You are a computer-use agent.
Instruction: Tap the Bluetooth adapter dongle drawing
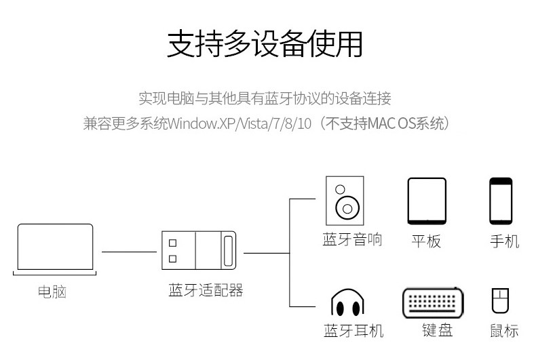coord(199,250)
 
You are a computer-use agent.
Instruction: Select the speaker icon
coord(345,201)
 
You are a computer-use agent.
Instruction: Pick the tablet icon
coord(427,201)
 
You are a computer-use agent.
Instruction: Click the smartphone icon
coord(501,201)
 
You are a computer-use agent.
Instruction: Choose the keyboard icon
coord(433,303)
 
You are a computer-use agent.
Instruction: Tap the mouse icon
coord(500,300)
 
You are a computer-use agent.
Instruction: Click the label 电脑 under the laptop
coord(52,292)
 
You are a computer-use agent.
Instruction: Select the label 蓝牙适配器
coord(206,290)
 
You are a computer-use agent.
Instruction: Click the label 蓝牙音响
coord(352,239)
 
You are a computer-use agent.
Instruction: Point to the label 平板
coord(426,241)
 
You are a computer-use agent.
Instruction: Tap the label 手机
coord(505,241)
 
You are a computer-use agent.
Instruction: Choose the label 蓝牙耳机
coord(353,331)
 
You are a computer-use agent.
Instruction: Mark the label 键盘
coord(437,330)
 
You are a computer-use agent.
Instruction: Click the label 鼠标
coord(504,331)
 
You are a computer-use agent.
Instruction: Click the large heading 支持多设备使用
coord(265,43)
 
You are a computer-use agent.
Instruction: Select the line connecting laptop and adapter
coord(129,252)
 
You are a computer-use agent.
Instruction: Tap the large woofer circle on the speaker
coord(347,208)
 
